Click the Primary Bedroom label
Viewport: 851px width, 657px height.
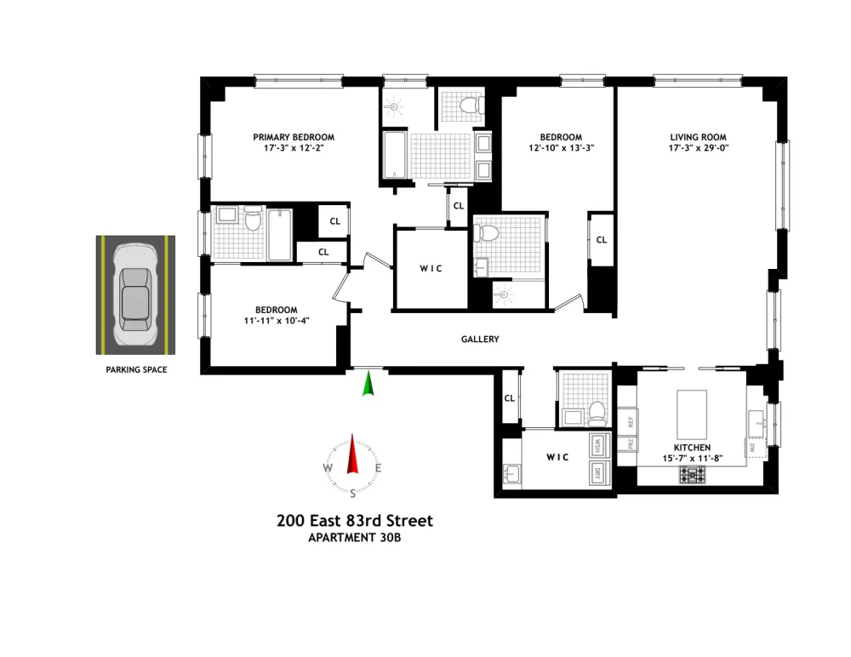click(294, 137)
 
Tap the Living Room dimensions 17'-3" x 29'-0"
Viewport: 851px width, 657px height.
click(698, 148)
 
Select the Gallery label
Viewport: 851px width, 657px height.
click(480, 340)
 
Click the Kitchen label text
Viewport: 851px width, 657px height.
click(692, 448)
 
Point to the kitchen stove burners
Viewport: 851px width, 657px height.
click(693, 475)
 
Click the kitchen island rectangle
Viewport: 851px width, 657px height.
click(691, 414)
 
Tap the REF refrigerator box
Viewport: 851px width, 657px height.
click(628, 421)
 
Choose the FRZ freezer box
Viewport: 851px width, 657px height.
click(628, 444)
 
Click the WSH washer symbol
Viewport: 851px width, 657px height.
click(598, 446)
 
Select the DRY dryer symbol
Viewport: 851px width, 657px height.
click(598, 473)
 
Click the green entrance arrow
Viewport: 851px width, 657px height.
click(368, 383)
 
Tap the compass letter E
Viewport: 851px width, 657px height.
click(379, 468)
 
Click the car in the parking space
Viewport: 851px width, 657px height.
click(135, 294)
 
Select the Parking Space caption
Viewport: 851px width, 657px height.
click(136, 369)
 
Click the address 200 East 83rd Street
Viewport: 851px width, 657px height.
click(355, 521)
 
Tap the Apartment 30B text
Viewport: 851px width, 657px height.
click(354, 538)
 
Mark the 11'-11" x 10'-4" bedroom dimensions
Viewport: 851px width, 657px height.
click(277, 321)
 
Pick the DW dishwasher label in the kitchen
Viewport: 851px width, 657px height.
click(752, 448)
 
